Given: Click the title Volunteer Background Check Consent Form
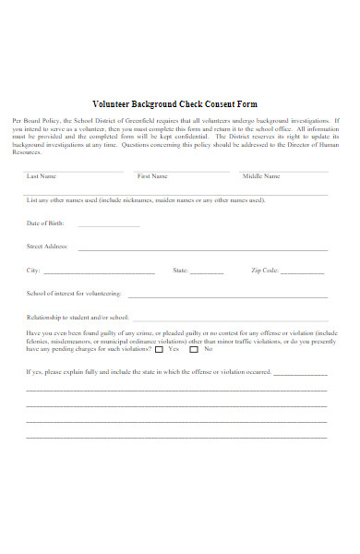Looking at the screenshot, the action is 175,103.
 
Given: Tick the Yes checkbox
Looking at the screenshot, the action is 160,350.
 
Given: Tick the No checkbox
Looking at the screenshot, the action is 194,350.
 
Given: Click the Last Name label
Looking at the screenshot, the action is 42,175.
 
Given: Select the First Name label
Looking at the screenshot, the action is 152,175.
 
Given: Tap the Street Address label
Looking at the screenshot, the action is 48,247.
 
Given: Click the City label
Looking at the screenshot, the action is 34,271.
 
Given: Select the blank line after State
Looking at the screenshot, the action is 207,272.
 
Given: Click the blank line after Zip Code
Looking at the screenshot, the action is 302,272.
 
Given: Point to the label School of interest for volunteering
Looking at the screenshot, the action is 74,294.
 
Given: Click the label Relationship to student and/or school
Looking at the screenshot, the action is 78,317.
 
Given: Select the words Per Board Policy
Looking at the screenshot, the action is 35,121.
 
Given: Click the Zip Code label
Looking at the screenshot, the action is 264,271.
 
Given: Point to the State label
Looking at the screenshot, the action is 181,271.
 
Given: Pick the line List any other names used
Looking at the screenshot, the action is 146,199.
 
